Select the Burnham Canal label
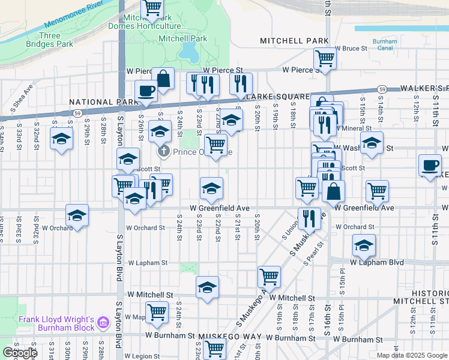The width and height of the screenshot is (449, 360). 385,45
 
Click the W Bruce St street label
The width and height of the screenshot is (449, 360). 351,48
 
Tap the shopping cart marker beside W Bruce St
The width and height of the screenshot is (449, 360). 325,59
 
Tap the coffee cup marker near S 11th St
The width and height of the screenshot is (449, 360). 430,165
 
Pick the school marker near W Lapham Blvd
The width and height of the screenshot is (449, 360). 364,245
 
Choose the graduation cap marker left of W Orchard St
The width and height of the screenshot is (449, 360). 77,215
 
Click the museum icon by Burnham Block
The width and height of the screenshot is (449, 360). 103,323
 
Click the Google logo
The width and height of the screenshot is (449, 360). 19,353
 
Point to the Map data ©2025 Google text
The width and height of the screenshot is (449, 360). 411,355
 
